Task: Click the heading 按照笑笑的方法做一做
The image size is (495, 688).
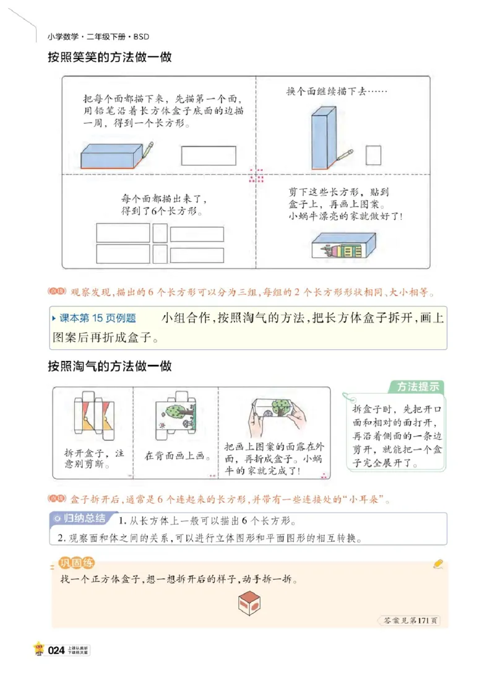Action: click(110, 58)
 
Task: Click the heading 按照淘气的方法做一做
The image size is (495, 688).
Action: click(110, 366)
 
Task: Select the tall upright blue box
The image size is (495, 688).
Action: click(320, 137)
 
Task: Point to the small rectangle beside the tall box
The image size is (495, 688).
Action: click(372, 154)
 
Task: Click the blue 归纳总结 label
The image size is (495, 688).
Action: click(80, 518)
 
